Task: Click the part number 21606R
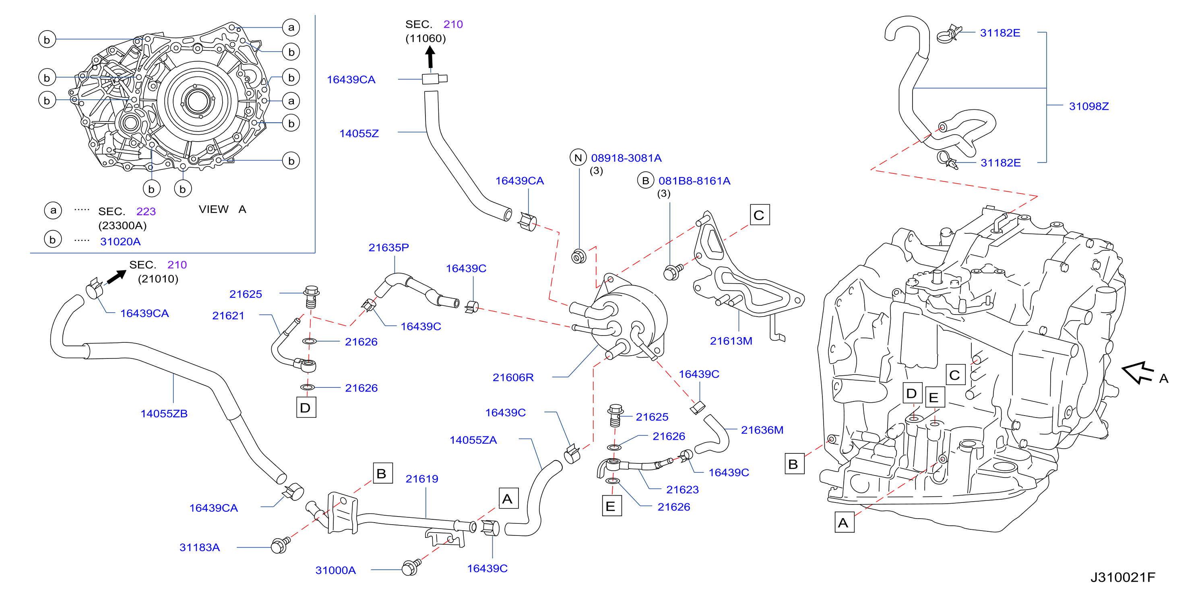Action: [x=513, y=377]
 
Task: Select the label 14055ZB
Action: [x=164, y=414]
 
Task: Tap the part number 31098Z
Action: [x=1088, y=106]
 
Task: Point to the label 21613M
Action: [x=731, y=341]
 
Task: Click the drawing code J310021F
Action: [x=1122, y=577]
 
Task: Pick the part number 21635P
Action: [x=389, y=248]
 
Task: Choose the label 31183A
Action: [x=199, y=548]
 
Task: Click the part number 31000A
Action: [x=335, y=570]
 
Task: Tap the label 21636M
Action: [x=762, y=430]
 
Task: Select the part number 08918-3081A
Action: [x=626, y=158]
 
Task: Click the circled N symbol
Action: [x=578, y=158]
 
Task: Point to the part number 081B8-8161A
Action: [x=694, y=181]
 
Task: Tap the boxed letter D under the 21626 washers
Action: [x=306, y=408]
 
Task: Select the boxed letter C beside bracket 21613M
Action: [x=760, y=215]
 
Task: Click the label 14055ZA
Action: [x=473, y=440]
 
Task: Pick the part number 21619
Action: [x=422, y=479]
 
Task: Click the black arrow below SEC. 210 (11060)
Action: [x=430, y=58]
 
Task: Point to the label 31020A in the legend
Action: [x=120, y=242]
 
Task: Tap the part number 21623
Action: [x=682, y=490]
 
